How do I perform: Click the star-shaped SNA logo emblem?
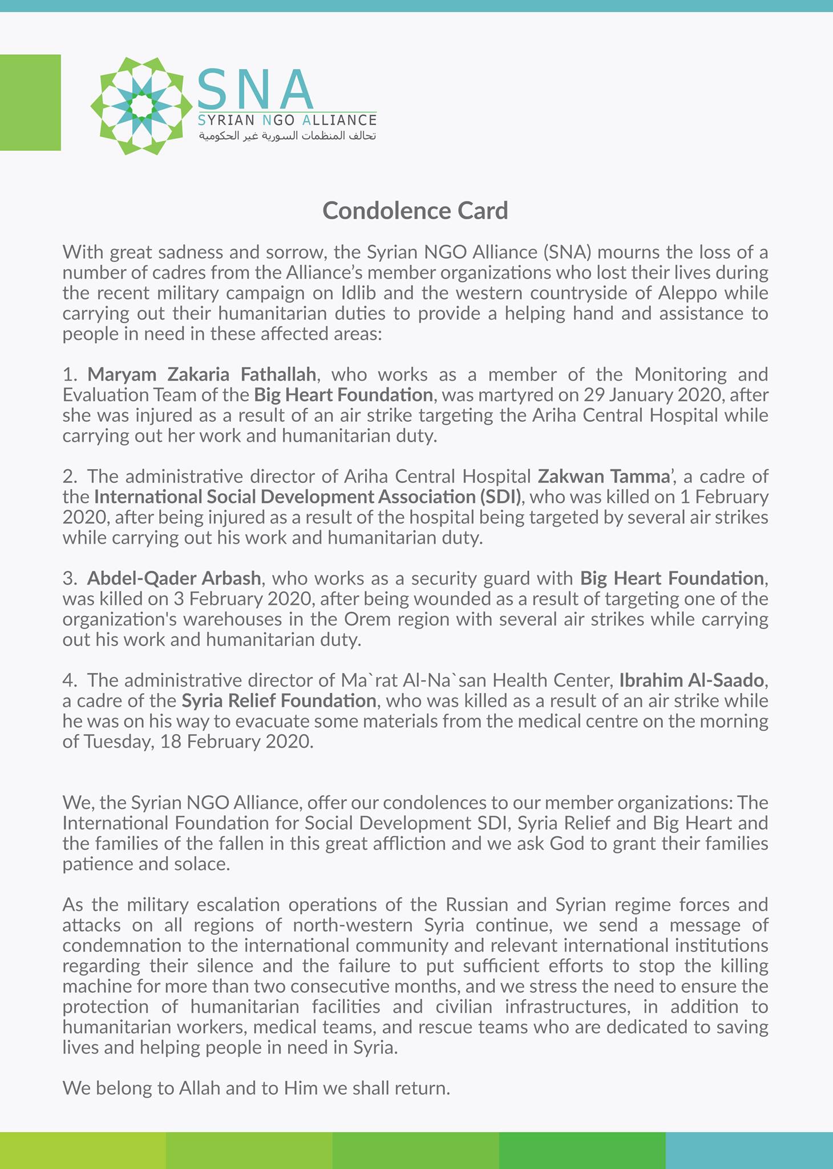pos(141,106)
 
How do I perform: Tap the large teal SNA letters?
pos(256,90)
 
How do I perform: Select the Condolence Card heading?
pos(415,211)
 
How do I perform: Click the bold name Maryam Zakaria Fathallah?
pos(201,374)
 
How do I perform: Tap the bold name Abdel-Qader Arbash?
pos(174,578)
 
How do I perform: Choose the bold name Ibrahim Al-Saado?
pos(691,680)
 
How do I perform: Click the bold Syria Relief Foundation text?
pos(279,700)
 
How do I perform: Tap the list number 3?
pos(68,579)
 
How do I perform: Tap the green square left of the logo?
pos(30,103)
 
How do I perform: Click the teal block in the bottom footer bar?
pos(749,1150)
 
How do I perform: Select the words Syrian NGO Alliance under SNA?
pos(287,120)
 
